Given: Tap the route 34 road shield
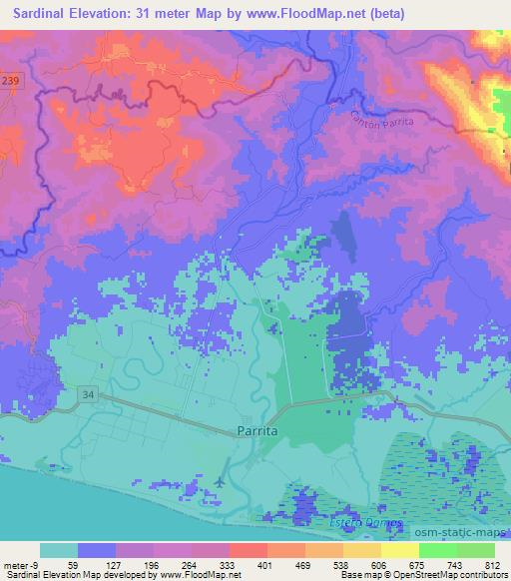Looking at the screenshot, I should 88,397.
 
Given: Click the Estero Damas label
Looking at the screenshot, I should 365,523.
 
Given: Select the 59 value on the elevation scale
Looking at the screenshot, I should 73,564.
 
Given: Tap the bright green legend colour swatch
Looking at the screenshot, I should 438,550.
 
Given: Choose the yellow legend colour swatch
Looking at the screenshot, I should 400,550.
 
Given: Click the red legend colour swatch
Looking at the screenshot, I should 248,550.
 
